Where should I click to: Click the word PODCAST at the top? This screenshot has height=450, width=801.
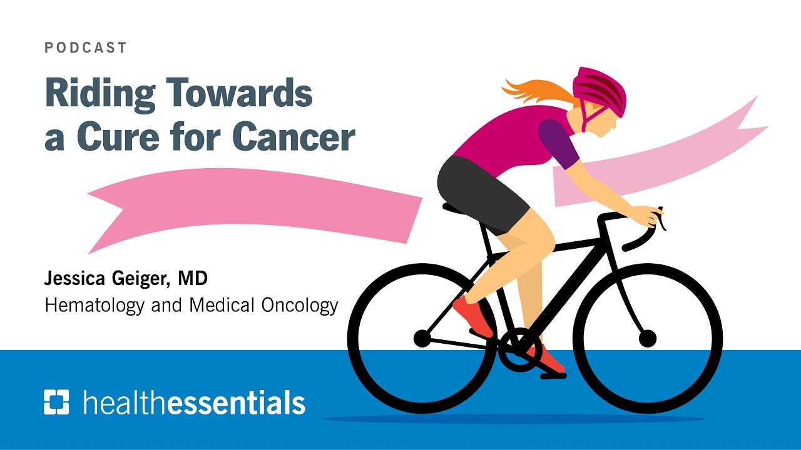[86, 48]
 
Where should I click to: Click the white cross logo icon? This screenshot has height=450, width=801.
[56, 402]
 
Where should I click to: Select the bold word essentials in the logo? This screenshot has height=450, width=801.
[237, 403]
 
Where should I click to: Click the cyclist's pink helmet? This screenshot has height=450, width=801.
[601, 91]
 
